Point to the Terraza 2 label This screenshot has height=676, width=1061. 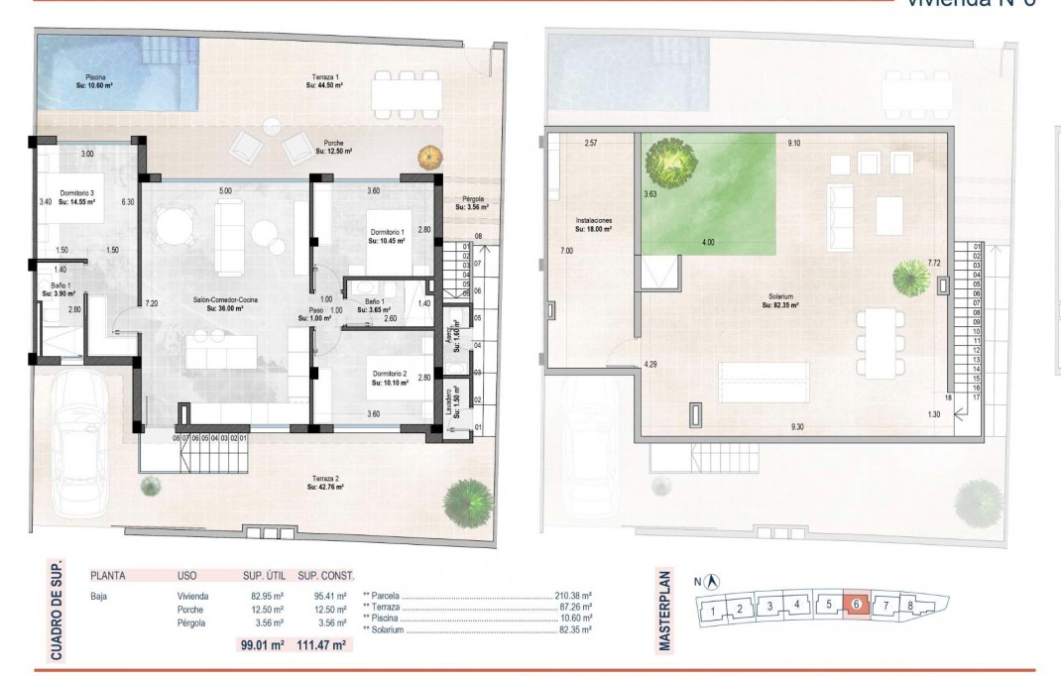[323, 483]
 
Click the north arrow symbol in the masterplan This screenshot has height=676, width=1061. [712, 583]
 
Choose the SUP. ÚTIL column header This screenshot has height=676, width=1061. [264, 575]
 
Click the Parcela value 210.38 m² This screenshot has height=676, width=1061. [572, 597]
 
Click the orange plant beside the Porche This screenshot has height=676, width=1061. [430, 157]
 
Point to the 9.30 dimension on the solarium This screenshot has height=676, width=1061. [799, 426]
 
